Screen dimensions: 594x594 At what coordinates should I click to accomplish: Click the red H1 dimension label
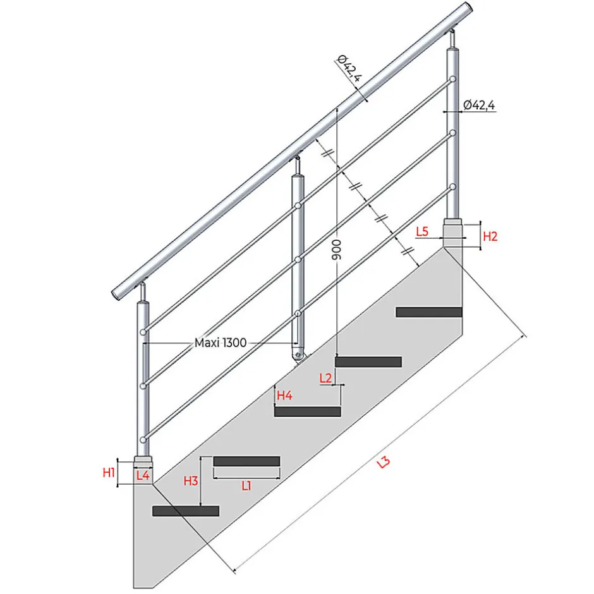point(109,472)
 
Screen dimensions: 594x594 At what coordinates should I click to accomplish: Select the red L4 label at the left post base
point(143,476)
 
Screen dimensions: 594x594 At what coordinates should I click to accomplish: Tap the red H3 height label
point(191,481)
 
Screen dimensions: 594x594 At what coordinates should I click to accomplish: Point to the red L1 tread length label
point(246,486)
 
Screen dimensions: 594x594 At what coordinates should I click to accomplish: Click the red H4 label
point(286,396)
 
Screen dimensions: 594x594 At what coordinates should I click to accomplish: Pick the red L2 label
point(326,379)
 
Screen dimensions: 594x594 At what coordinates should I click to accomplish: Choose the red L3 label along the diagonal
point(383,462)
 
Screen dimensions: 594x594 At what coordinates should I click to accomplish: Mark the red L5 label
point(423,232)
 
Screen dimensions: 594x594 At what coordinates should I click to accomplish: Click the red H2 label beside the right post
point(490,236)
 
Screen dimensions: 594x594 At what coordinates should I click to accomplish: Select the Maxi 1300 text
point(221,343)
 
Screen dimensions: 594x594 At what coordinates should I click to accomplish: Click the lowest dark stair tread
point(186,511)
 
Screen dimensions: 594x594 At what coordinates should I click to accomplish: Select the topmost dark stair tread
point(429,312)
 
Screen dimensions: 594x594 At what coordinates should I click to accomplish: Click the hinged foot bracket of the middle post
point(298,357)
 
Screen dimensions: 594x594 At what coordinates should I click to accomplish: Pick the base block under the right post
point(453,233)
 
